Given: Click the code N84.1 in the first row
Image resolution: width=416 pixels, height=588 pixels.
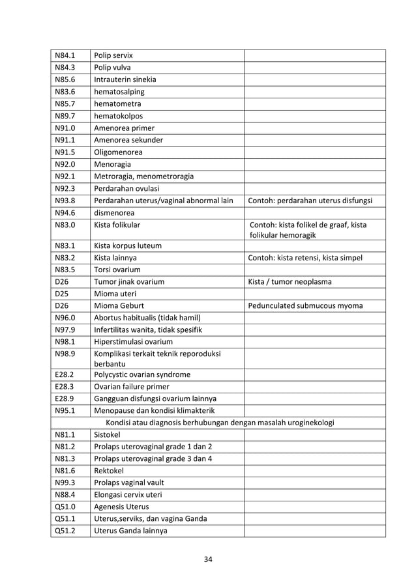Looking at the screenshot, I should pyautogui.click(x=65, y=56).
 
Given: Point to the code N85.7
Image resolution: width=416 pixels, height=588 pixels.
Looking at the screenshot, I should pyautogui.click(x=65, y=104).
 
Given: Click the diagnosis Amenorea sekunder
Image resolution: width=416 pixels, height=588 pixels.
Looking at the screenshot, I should pyautogui.click(x=128, y=139).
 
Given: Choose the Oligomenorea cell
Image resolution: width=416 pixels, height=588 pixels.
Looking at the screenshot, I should pyautogui.click(x=119, y=152).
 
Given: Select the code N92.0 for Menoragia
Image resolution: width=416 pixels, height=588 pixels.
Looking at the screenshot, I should pyautogui.click(x=65, y=163).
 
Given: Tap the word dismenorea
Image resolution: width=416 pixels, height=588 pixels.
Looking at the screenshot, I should pyautogui.click(x=116, y=212).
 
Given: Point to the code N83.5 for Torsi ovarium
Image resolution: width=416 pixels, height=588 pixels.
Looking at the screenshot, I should pyautogui.click(x=65, y=270).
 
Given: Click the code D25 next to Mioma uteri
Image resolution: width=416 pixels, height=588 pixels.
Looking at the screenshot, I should pyautogui.click(x=62, y=294).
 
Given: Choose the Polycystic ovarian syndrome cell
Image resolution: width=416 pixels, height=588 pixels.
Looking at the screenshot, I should pyautogui.click(x=142, y=374).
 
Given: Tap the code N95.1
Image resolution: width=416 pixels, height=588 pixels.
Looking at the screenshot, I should pyautogui.click(x=65, y=410).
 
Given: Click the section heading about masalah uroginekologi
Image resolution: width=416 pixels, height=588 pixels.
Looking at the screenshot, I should pyautogui.click(x=220, y=423).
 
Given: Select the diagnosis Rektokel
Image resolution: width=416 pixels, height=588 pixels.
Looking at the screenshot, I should pyautogui.click(x=109, y=471).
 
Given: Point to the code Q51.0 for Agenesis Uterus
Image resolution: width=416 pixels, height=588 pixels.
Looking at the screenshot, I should pyautogui.click(x=65, y=507).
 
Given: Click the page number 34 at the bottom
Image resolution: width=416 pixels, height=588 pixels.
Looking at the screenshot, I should pyautogui.click(x=207, y=559).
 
